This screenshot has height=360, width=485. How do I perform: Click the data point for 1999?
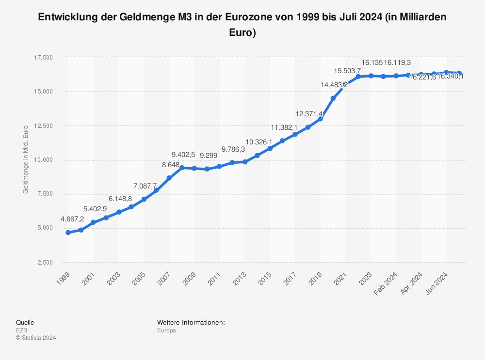68,233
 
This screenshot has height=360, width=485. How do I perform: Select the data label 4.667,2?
72,219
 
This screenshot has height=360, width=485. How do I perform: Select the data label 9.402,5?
183,155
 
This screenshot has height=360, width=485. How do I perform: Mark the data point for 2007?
169,178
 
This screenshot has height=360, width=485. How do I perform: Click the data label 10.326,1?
259,141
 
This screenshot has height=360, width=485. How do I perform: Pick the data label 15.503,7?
347,71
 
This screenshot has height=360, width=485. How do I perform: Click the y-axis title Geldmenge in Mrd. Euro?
26,160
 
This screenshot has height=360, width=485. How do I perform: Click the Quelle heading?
25,323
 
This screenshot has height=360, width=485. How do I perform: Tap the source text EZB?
21,330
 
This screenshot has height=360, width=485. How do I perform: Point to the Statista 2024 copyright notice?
36,338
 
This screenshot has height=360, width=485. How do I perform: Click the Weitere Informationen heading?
191,323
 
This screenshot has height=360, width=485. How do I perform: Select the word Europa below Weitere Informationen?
166,330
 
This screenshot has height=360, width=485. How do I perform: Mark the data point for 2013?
245,162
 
